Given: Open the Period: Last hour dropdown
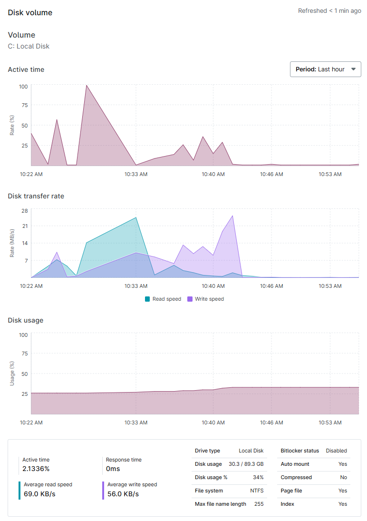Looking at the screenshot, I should pyautogui.click(x=325, y=69).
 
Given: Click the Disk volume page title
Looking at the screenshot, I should pyautogui.click(x=30, y=12).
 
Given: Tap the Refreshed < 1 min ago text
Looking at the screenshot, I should pyautogui.click(x=329, y=10).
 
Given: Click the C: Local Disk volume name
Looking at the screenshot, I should pyautogui.click(x=29, y=46).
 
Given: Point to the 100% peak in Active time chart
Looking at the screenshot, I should pyautogui.click(x=86, y=86).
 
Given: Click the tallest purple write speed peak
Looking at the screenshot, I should pyautogui.click(x=232, y=216).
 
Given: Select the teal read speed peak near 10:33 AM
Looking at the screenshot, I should pyautogui.click(x=136, y=218).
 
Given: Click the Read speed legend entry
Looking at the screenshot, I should pyautogui.click(x=163, y=299).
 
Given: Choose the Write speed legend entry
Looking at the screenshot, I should pyautogui.click(x=205, y=299).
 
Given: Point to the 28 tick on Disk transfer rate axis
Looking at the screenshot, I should pyautogui.click(x=25, y=210).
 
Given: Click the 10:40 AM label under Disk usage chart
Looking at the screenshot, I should pyautogui.click(x=213, y=422).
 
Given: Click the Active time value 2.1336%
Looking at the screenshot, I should pyautogui.click(x=36, y=469).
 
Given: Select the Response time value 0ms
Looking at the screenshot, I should pyautogui.click(x=113, y=469).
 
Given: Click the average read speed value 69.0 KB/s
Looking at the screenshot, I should pyautogui.click(x=39, y=494).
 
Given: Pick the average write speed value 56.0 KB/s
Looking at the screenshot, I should pyautogui.click(x=123, y=494).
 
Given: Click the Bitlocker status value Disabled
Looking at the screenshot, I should pyautogui.click(x=336, y=451).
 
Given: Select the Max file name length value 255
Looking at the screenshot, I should pyautogui.click(x=259, y=504).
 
